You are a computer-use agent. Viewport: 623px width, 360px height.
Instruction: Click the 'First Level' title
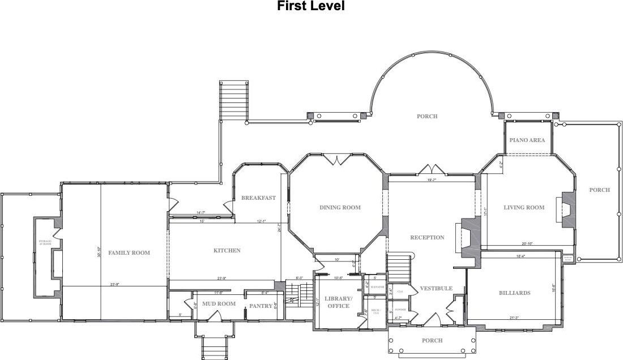point(310,6)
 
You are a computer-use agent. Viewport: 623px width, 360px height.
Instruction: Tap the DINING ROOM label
point(340,208)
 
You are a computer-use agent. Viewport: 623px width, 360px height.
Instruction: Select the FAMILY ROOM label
point(129,253)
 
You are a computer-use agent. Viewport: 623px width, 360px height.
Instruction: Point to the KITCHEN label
point(227,251)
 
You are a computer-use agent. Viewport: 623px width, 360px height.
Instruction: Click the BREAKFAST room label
point(258,198)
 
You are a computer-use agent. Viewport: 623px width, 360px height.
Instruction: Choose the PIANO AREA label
point(527,140)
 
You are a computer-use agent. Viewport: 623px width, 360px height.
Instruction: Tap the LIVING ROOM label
point(524,208)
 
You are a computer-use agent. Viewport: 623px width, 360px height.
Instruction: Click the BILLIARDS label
point(515,293)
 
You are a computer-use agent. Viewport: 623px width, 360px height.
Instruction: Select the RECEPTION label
point(427,238)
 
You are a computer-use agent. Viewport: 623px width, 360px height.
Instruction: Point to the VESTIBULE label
point(436,289)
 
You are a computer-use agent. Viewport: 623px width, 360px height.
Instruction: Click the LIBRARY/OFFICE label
point(339,302)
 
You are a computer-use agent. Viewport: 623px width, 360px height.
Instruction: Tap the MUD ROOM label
point(219,304)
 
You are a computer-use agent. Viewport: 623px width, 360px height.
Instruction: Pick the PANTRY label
point(261,306)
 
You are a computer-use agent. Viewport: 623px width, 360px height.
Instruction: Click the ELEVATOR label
point(378,287)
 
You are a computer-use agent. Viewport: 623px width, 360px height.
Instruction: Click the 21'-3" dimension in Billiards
point(514,318)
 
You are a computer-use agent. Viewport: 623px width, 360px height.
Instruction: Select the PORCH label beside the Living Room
point(599,190)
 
